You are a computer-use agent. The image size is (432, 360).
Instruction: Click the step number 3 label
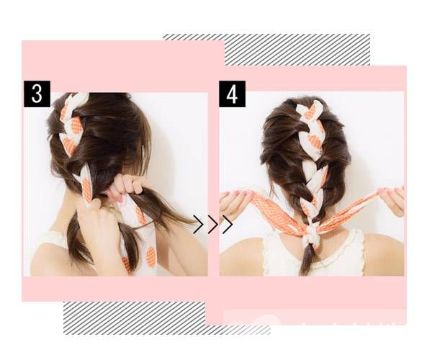click(x=37, y=94)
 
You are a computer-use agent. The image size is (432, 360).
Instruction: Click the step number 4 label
click(x=232, y=94)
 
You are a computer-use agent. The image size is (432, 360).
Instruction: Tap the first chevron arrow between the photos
click(x=199, y=225)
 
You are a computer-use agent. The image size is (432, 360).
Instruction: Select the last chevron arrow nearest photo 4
click(x=228, y=225)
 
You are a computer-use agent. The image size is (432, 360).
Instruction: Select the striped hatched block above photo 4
click(x=297, y=50)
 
